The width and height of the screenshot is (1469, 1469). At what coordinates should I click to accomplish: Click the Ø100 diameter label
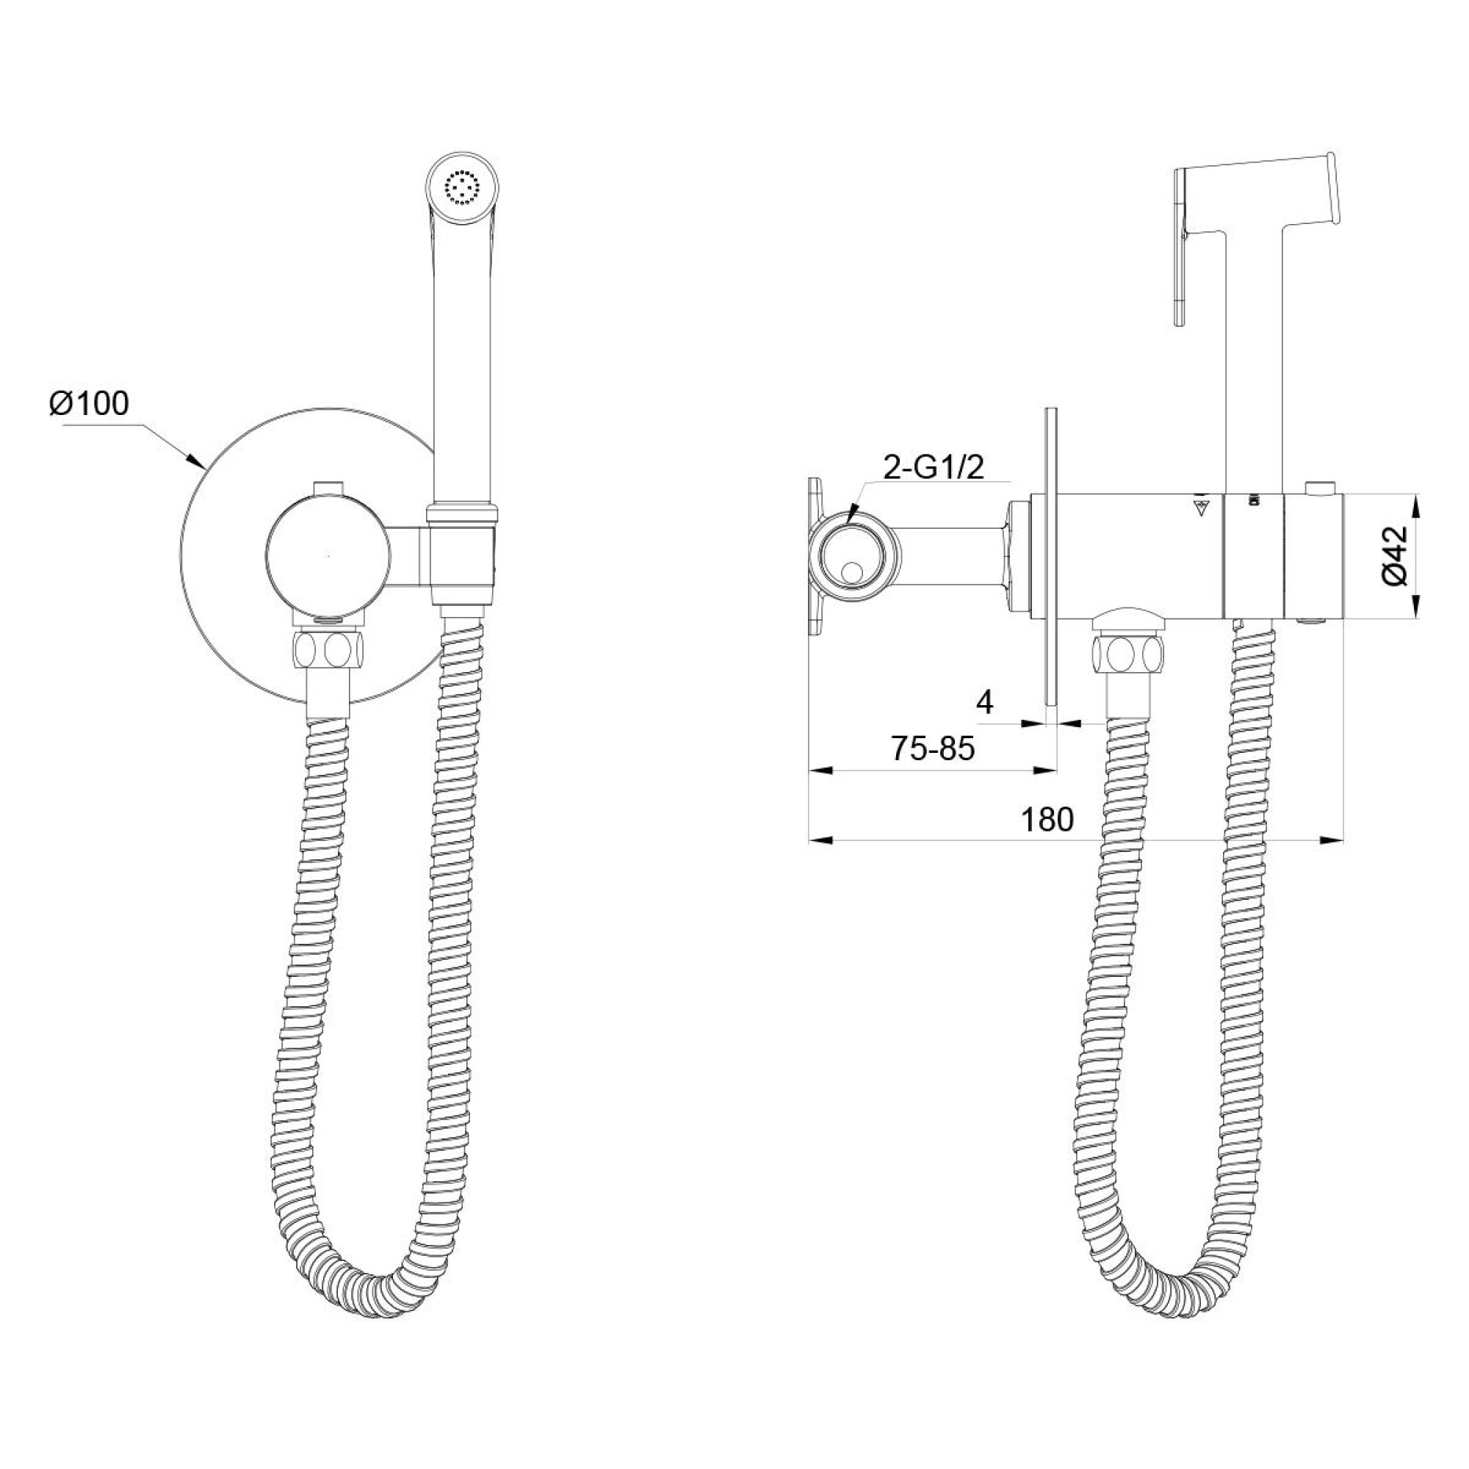(89, 404)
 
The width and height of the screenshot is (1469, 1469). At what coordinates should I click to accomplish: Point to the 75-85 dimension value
(933, 751)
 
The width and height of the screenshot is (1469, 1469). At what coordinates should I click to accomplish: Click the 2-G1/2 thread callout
(933, 469)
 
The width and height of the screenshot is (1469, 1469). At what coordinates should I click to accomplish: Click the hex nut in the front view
(328, 649)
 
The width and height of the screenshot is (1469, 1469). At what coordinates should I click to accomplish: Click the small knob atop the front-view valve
(328, 485)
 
